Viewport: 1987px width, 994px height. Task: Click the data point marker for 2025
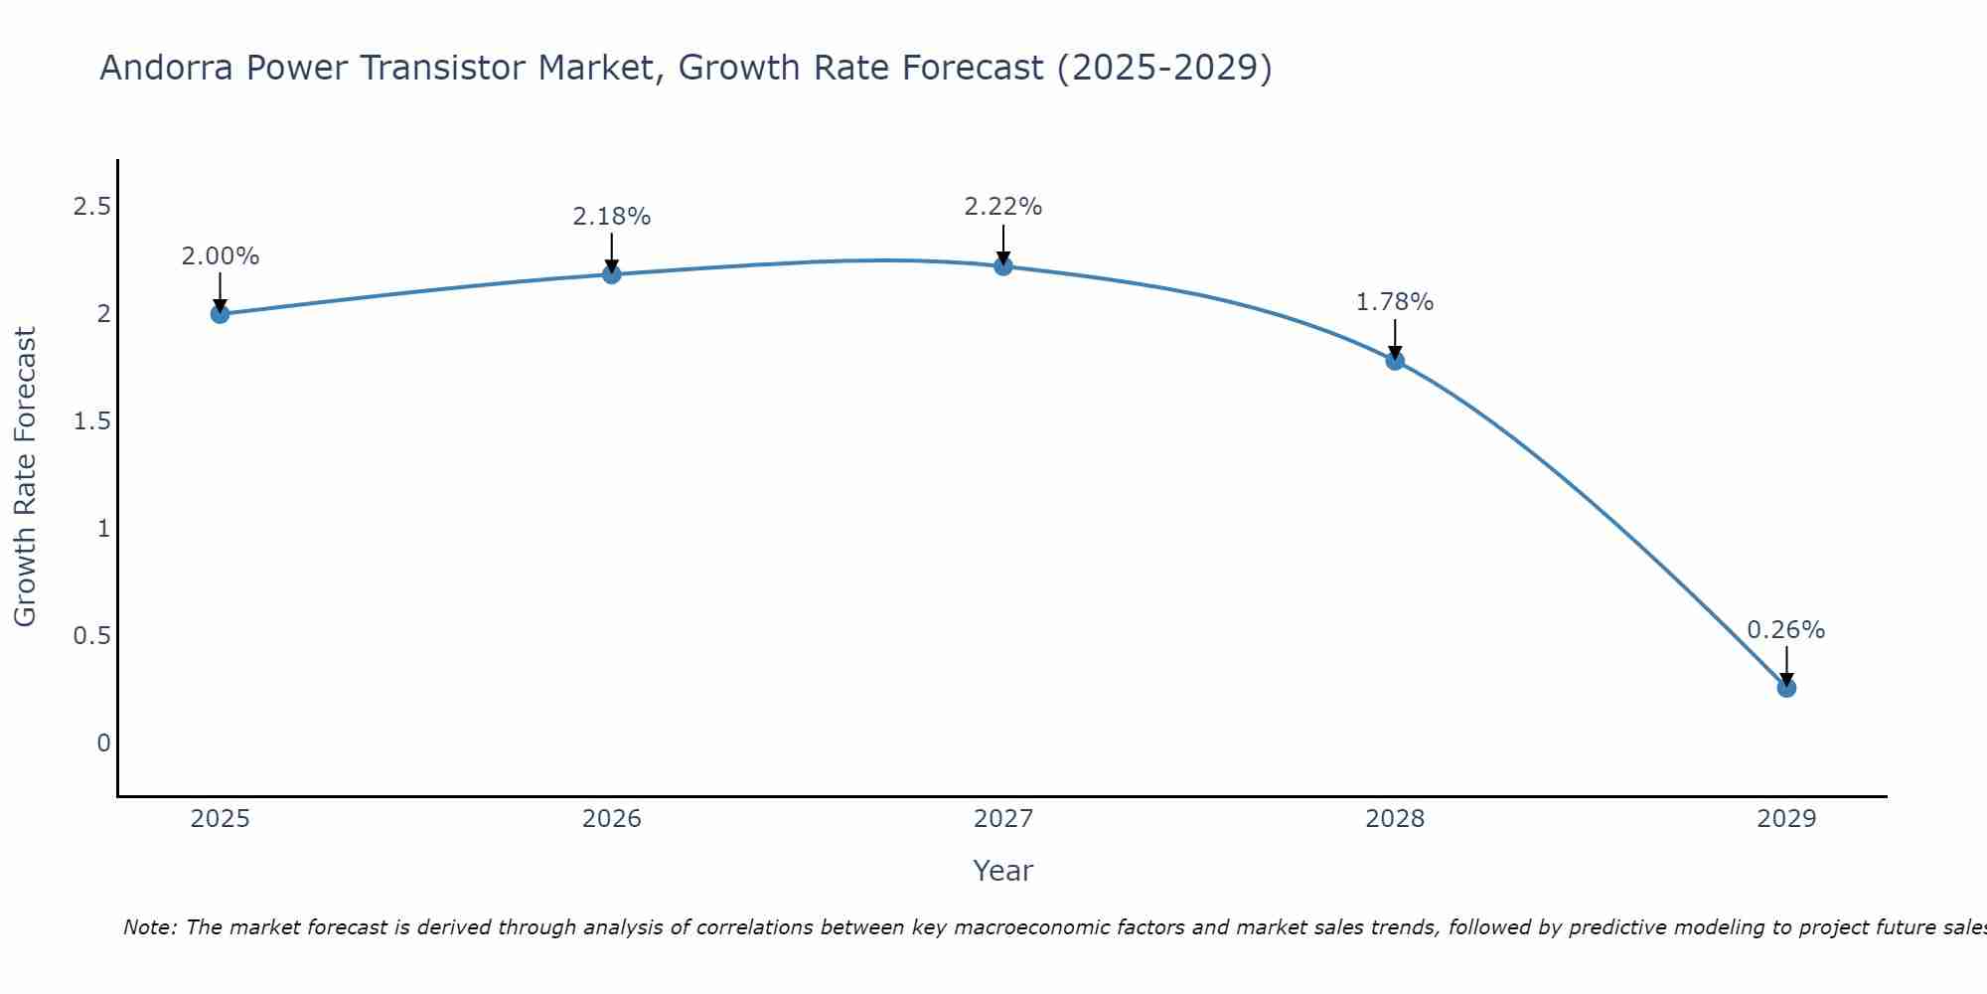[x=220, y=314]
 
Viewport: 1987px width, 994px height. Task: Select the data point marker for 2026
[x=612, y=274]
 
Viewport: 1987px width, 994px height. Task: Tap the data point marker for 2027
[x=1003, y=266]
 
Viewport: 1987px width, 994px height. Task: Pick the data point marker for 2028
[x=1395, y=361]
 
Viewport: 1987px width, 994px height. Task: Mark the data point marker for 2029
[x=1786, y=688]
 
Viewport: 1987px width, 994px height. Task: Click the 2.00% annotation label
[x=220, y=256]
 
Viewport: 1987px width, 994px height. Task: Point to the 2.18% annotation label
[x=612, y=217]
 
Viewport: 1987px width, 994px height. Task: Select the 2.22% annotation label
[x=1003, y=207]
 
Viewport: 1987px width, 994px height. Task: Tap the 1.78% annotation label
[x=1395, y=302]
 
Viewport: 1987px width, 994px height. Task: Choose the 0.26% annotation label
[x=1786, y=630]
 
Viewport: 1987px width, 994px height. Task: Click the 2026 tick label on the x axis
[x=612, y=819]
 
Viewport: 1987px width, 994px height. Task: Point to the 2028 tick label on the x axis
[x=1395, y=819]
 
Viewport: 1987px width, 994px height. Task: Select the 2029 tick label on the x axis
[x=1786, y=819]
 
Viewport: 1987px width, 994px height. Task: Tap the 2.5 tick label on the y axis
[x=91, y=207]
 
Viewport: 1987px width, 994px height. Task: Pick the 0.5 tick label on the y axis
[x=91, y=636]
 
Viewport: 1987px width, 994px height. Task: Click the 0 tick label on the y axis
[x=103, y=744]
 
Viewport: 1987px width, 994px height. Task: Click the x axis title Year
[x=1003, y=871]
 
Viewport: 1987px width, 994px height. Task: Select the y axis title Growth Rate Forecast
[x=25, y=477]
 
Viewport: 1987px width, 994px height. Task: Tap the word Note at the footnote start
[x=149, y=927]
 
